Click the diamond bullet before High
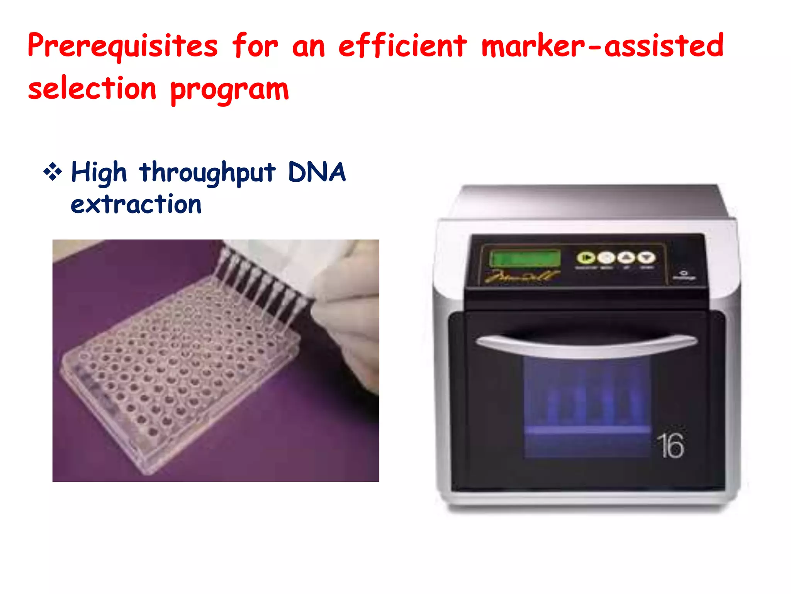click(53, 172)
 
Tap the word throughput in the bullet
click(208, 173)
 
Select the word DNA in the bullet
click(317, 172)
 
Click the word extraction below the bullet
click(136, 205)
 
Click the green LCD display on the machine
click(525, 258)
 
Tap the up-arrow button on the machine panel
click(626, 258)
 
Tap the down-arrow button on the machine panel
click(646, 258)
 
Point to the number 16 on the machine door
click(671, 445)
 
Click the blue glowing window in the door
click(587, 406)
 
